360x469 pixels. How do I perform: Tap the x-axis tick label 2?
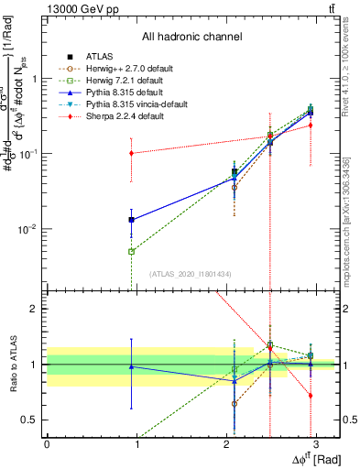227,444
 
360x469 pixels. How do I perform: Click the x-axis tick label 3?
317,444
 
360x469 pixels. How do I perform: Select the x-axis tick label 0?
47,444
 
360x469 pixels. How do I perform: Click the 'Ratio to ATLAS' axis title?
12,364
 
